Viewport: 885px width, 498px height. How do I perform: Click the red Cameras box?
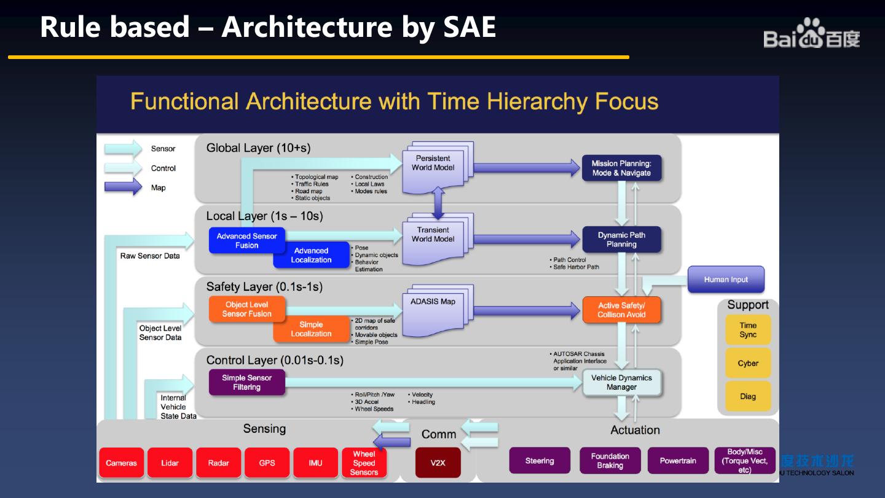tap(121, 463)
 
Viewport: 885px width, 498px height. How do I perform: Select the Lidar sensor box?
tap(170, 463)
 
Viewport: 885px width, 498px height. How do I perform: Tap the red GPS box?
tap(267, 463)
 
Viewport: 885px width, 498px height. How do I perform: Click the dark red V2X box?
tap(438, 463)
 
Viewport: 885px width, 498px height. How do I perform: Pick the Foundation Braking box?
tap(610, 460)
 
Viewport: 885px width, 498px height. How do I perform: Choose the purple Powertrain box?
tap(678, 460)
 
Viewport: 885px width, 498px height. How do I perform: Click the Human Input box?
tap(726, 279)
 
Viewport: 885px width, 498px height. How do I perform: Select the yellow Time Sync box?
tap(748, 330)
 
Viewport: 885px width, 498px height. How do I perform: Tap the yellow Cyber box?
tap(748, 363)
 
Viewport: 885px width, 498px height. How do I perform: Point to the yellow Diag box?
tap(748, 397)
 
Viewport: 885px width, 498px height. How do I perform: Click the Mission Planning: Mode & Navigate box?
tap(621, 168)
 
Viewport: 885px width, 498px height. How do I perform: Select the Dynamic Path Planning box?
tap(621, 239)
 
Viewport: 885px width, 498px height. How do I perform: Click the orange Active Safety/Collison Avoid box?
tap(621, 310)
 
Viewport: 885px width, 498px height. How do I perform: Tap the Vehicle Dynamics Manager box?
tap(621, 382)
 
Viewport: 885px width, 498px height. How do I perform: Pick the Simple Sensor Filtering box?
tap(246, 382)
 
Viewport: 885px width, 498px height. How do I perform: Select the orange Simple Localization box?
tap(311, 330)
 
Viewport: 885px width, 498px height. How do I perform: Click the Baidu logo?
tap(811, 34)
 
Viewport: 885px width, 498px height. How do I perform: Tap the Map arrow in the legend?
tap(123, 188)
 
